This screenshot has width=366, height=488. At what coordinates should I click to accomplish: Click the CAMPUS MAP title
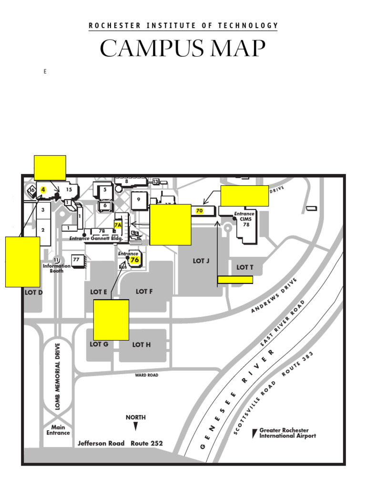[183, 49]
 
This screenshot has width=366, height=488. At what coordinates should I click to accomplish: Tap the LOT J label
[201, 261]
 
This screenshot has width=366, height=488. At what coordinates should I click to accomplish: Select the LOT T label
[245, 267]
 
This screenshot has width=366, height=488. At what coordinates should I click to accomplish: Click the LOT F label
[144, 291]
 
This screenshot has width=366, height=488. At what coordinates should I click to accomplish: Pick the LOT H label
[142, 345]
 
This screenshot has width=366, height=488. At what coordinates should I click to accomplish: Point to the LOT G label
[99, 344]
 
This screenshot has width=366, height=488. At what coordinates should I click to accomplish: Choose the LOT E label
[99, 292]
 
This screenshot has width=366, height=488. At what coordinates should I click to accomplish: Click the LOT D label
[34, 292]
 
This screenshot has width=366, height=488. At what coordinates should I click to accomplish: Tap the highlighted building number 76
[134, 260]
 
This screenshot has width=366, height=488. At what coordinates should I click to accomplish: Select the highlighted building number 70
[199, 211]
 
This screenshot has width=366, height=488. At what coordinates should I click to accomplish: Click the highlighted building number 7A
[118, 224]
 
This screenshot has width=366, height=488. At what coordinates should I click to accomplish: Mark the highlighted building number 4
[43, 189]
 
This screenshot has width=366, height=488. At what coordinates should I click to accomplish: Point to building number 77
[76, 259]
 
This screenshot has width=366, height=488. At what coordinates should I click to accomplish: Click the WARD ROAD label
[146, 375]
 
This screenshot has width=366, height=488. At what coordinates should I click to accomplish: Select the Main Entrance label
[58, 430]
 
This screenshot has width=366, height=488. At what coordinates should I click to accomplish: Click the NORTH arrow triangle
[136, 426]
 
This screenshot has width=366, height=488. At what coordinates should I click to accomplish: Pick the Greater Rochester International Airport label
[287, 433]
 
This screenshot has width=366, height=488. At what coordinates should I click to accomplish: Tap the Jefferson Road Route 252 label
[120, 443]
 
